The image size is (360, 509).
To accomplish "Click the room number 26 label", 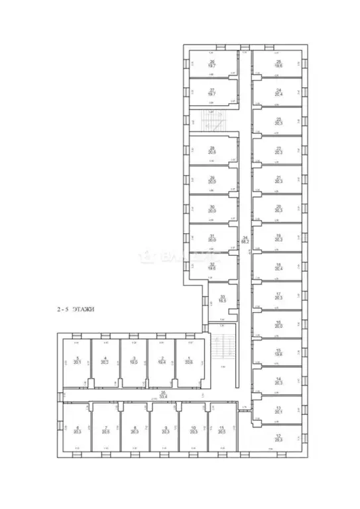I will tap(213, 62).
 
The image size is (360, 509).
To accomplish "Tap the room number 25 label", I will tap(279, 62).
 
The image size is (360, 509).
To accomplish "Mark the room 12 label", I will tap(278, 435).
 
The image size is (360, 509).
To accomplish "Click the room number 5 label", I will tap(78, 358).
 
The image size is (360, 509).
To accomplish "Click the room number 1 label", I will tap(188, 358).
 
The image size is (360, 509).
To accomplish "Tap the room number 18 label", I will tap(279, 264).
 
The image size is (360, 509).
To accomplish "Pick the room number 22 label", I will tap(279, 148).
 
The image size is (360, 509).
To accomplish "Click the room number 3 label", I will tap(133, 358).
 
